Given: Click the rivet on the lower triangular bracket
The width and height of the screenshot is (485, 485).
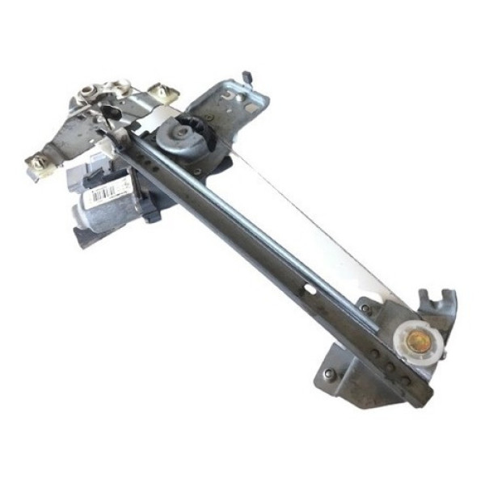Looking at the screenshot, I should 330,374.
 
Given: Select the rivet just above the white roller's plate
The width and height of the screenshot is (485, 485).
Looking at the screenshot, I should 365,307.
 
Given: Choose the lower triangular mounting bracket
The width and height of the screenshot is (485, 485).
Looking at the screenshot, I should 348,376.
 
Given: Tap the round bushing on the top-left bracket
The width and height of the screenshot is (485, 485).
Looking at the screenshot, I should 105,89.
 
